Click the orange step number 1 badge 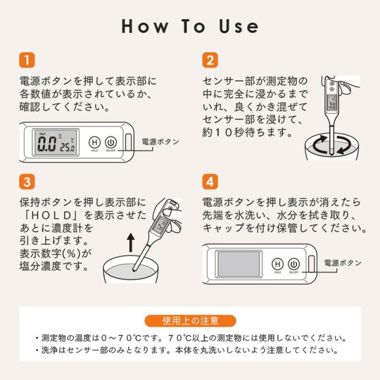27,60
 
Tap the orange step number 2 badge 210,60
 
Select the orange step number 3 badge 27,182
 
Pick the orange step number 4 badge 210,182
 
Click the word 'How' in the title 145,26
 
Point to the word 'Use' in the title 239,26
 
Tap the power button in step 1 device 111,142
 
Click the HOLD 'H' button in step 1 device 94,142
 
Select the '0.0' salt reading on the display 46,144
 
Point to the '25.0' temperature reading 67,148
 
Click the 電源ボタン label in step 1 160,142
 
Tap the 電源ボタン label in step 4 343,263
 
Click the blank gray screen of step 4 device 239,264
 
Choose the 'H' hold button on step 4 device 277,264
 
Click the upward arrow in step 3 131,242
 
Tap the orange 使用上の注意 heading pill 190,321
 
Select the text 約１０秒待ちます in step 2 248,132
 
